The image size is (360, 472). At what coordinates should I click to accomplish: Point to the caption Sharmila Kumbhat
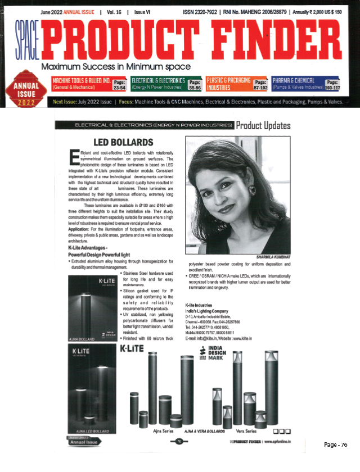click(268, 258)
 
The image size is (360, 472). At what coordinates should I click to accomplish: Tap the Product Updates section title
click(263, 125)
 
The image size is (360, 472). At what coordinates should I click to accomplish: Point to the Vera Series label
click(245, 431)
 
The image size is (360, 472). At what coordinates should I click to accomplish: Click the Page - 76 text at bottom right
click(336, 445)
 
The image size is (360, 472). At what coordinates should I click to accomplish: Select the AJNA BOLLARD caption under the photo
click(82, 339)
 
